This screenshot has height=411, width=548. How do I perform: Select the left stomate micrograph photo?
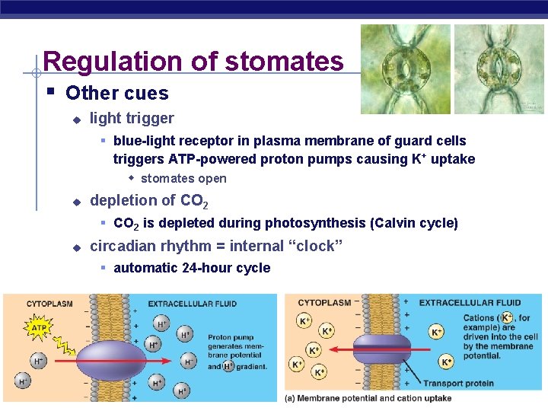[x=405, y=69]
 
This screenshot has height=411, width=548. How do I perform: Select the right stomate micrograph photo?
[x=499, y=69]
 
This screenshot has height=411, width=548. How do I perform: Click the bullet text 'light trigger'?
[x=132, y=118]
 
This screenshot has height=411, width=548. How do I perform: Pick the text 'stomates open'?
[x=183, y=179]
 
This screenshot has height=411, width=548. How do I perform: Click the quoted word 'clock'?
[x=317, y=246]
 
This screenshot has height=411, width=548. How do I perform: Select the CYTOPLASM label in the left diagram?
[x=49, y=304]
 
